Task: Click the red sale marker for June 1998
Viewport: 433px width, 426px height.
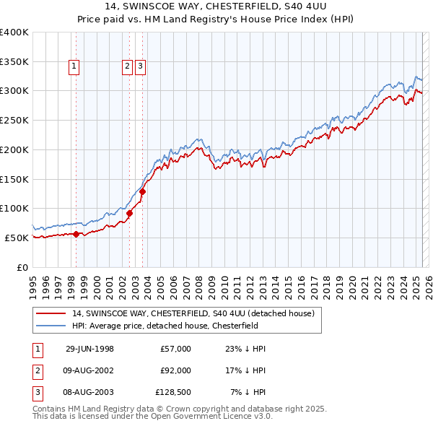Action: coord(76,233)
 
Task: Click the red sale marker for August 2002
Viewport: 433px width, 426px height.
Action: coord(130,213)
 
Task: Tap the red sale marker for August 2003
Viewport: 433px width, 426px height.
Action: coord(143,191)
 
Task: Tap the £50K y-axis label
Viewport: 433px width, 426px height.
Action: coord(17,238)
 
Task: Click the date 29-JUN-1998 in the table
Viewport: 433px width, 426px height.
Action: coord(89,349)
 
